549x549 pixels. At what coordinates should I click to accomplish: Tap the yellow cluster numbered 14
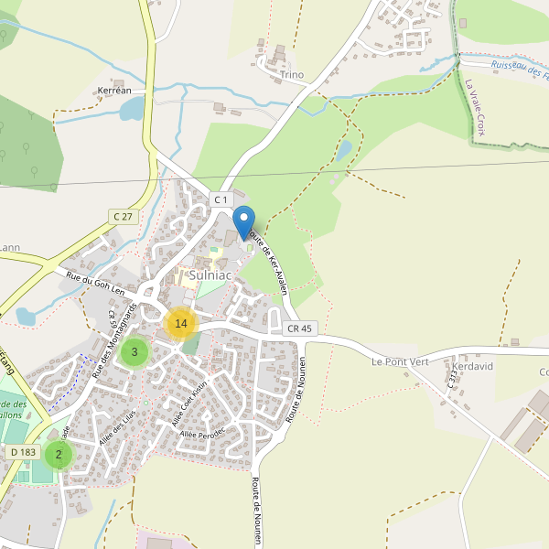tap(181, 323)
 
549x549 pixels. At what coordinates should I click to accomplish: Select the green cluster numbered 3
tap(135, 351)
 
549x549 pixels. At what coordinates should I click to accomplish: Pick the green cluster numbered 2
tap(59, 454)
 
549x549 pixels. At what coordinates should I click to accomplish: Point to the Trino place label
tap(293, 75)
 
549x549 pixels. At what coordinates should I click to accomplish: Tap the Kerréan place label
tap(114, 91)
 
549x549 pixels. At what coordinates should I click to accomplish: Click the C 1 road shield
tap(221, 199)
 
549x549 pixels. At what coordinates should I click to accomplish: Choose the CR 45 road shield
tap(299, 328)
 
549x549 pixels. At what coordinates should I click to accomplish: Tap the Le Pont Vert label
tap(399, 361)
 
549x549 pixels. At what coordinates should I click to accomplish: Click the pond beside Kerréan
tap(132, 110)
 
